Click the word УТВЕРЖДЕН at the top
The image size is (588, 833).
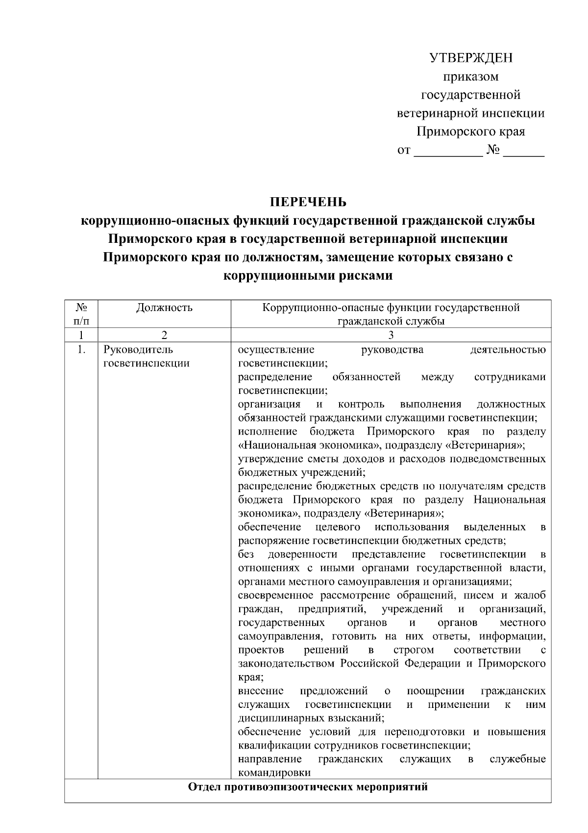[x=470, y=58]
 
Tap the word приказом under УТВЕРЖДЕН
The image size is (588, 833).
[x=470, y=77]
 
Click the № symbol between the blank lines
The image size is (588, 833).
[x=492, y=150]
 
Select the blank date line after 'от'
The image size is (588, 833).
[x=448, y=151]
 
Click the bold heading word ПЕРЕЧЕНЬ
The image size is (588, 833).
[x=308, y=202]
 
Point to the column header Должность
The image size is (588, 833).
[x=164, y=308]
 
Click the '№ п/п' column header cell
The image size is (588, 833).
[x=81, y=314]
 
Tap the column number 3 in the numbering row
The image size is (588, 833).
[x=391, y=336]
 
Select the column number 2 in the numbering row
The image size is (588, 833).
[x=164, y=336]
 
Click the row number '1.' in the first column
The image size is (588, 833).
[x=81, y=350]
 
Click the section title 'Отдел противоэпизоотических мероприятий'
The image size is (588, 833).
[x=308, y=787]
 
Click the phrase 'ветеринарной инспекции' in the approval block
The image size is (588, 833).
[x=470, y=113]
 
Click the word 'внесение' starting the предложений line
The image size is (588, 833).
[x=261, y=691]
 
